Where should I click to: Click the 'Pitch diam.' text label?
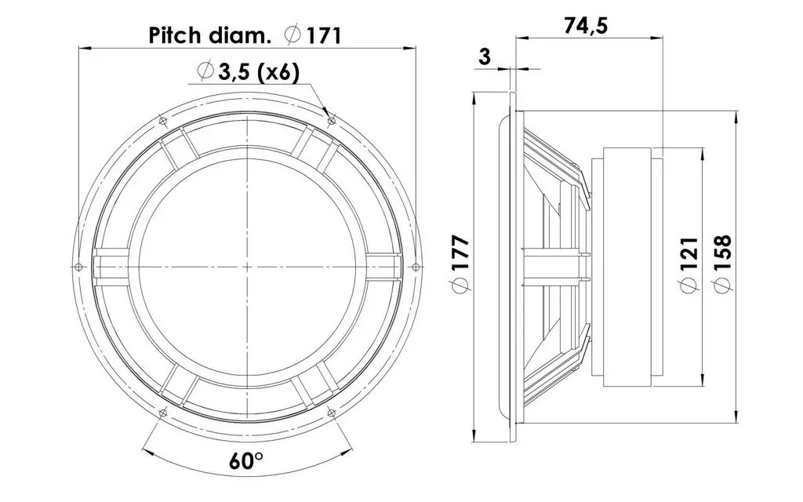(x=209, y=36)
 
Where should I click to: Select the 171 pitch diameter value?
(x=323, y=36)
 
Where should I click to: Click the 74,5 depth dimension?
(x=586, y=25)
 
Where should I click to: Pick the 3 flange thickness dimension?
(x=484, y=56)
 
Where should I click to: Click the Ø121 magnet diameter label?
(x=689, y=265)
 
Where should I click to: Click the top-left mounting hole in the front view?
(x=163, y=122)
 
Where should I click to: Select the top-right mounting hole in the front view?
(x=331, y=122)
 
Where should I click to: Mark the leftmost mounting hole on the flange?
(x=78, y=267)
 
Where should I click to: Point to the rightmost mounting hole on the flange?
(x=416, y=267)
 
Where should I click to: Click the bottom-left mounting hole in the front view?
(x=163, y=413)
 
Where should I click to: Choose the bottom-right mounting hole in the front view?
(x=331, y=413)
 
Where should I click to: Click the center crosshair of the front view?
(x=247, y=267)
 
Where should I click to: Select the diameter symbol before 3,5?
(x=205, y=72)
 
